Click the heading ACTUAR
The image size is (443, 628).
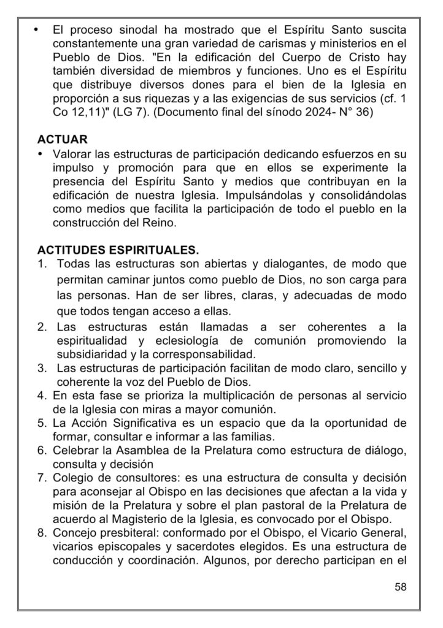point(63,139)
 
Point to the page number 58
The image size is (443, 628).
point(401,586)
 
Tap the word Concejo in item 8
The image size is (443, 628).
point(77,535)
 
